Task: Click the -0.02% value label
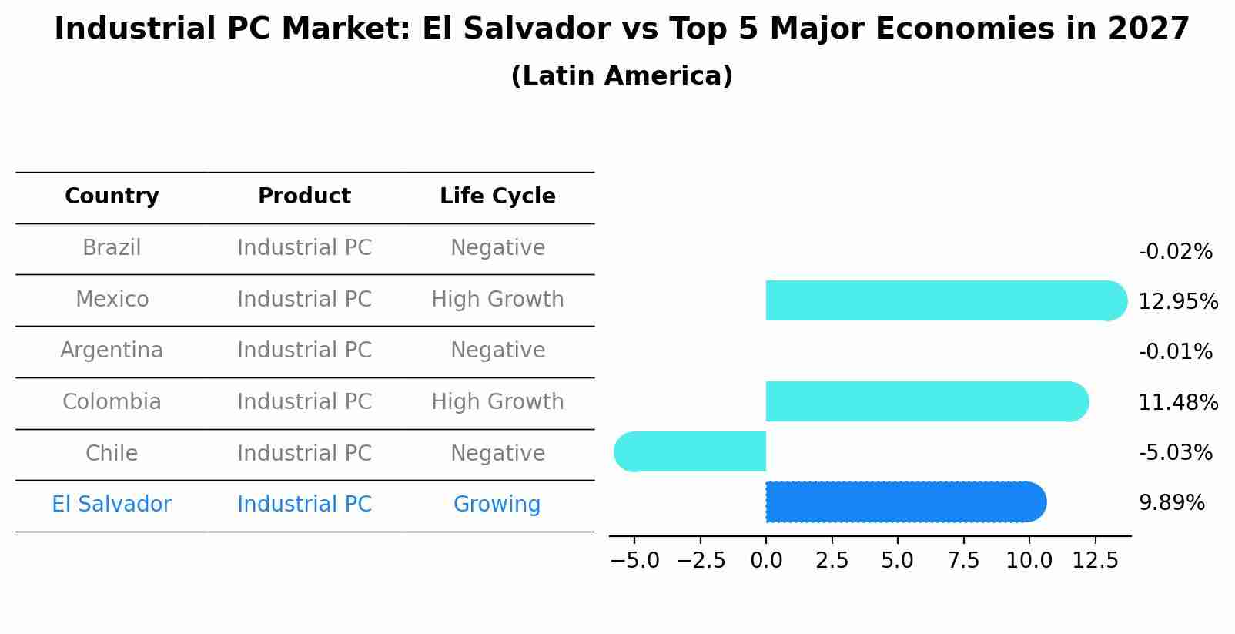pyautogui.click(x=1175, y=252)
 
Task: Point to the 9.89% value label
pyautogui.click(x=1171, y=503)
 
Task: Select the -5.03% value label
pyautogui.click(x=1175, y=452)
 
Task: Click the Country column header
pyautogui.click(x=112, y=196)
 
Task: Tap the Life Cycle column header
pyautogui.click(x=497, y=196)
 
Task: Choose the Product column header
pyautogui.click(x=304, y=196)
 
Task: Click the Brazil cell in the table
pyautogui.click(x=112, y=248)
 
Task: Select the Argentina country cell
pyautogui.click(x=112, y=351)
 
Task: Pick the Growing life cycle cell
pyautogui.click(x=497, y=505)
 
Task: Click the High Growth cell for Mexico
pyautogui.click(x=497, y=300)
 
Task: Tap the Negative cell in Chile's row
pyautogui.click(x=497, y=453)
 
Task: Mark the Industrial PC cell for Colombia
pyautogui.click(x=304, y=402)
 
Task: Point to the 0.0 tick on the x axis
pyautogui.click(x=766, y=561)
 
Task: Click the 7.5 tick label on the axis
pyautogui.click(x=963, y=561)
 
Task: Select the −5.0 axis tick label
pyautogui.click(x=634, y=561)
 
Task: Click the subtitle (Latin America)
pyautogui.click(x=621, y=76)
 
